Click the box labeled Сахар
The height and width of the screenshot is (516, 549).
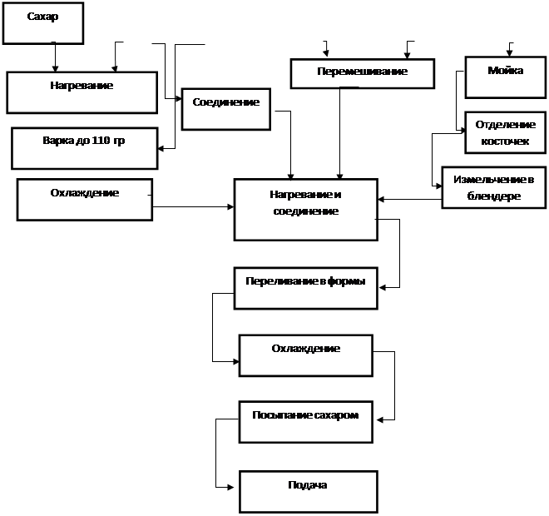(x=43, y=23)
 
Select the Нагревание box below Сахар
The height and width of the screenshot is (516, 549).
(x=82, y=92)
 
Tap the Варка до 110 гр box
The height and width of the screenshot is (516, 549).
(x=85, y=148)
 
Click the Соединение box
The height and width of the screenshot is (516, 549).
(x=226, y=109)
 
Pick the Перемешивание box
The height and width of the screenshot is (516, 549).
(x=363, y=73)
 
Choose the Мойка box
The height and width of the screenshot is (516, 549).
(x=506, y=77)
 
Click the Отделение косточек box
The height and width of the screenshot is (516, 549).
(x=506, y=132)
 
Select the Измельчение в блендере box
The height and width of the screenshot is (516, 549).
(x=494, y=187)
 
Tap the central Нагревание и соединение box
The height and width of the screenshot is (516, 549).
(x=306, y=210)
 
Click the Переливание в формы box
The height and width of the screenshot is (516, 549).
(x=306, y=288)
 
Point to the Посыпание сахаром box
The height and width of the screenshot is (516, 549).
(x=306, y=422)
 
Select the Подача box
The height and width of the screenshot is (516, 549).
(x=309, y=492)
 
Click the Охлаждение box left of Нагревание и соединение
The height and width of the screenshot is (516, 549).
(x=85, y=200)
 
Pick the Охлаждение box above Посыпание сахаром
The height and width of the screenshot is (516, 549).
(x=306, y=355)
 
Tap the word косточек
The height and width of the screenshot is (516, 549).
(x=505, y=141)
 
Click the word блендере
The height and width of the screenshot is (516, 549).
(x=493, y=196)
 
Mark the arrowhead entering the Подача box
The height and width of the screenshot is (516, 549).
(x=230, y=487)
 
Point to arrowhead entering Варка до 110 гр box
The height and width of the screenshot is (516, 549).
(x=161, y=148)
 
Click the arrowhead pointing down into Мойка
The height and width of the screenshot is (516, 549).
(x=509, y=53)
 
